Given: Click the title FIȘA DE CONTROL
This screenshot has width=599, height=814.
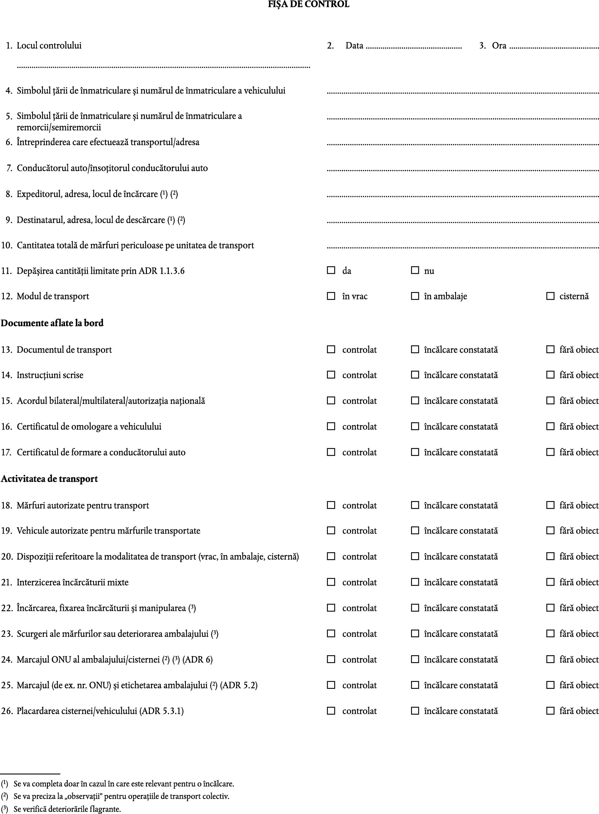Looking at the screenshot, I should point(308,4).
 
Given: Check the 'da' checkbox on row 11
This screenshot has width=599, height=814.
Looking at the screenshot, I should point(331,270).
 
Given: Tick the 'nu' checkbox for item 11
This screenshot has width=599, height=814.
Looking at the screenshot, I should point(415,270).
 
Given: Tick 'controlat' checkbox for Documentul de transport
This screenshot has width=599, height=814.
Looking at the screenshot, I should point(331,349).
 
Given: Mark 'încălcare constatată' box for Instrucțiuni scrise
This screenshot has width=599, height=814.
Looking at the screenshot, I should point(415,375).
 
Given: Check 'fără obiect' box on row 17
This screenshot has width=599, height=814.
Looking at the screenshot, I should point(550,452).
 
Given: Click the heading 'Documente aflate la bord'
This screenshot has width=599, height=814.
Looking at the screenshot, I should point(52,323).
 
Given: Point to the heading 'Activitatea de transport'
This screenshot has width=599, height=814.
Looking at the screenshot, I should point(49,479).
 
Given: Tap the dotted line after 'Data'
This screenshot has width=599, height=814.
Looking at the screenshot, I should point(414,48).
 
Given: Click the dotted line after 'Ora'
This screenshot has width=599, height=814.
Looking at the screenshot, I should point(554,48).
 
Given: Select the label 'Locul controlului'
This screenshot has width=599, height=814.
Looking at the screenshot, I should point(49,45).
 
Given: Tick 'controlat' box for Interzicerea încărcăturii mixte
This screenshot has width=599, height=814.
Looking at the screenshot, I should point(331,582).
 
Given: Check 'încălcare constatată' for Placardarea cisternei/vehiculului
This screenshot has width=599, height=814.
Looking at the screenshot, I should point(415,710).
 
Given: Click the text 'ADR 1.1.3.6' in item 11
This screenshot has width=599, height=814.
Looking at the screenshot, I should point(161,271).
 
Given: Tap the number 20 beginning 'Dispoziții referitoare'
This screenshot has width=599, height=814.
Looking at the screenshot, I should point(7,556).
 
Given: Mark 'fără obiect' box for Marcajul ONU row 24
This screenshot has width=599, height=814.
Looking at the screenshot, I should point(550,659).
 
